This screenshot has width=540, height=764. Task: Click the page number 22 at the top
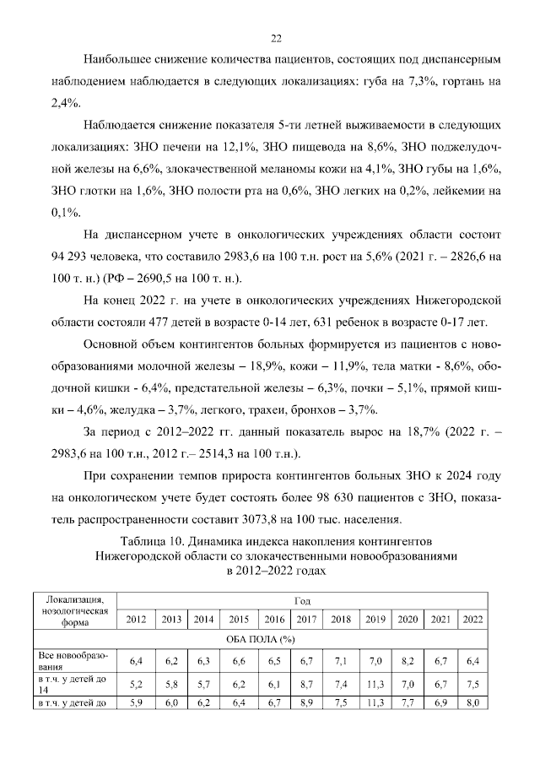(275, 38)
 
